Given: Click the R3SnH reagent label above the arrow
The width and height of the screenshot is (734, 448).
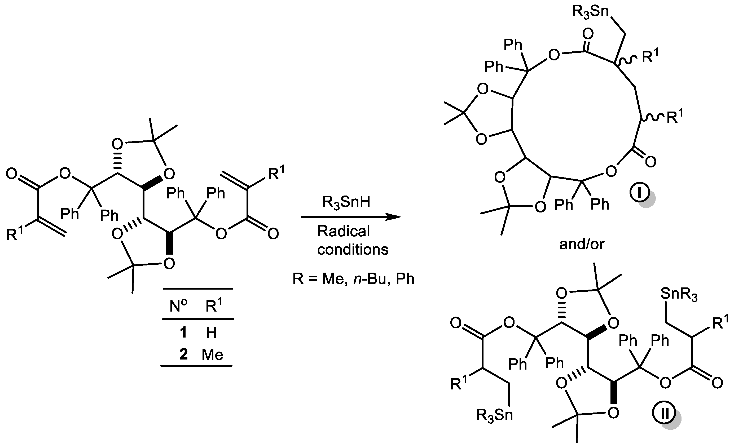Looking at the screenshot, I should pos(346,202).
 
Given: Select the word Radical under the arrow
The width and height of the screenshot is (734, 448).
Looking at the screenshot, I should pos(344,231).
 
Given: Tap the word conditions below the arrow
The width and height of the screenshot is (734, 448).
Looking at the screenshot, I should pos(353,250).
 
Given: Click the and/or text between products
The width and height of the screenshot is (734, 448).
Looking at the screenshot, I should pos(582,244).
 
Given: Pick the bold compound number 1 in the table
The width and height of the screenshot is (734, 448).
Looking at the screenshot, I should pos(183,332).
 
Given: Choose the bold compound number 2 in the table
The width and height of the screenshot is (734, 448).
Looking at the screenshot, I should pos(183,354).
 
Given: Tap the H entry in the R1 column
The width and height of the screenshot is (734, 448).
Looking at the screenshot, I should pos(211,332).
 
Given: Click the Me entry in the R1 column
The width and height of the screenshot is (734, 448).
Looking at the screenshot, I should pos(212,354).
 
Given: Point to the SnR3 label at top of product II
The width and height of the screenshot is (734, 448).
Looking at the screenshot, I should pos(679,294).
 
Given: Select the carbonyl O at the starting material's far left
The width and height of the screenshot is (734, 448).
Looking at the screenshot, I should pos(11,174).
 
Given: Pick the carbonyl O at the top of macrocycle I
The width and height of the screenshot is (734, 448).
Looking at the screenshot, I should pos(588,34).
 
